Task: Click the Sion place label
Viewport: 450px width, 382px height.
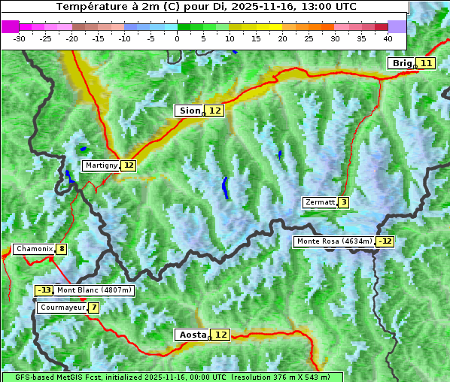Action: click(188, 111)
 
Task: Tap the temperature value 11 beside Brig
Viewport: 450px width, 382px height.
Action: click(426, 63)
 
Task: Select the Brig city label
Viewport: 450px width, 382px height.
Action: click(401, 63)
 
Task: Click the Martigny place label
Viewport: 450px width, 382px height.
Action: click(101, 165)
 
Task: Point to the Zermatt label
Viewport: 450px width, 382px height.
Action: click(320, 202)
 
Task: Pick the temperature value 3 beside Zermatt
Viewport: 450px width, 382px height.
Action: click(343, 202)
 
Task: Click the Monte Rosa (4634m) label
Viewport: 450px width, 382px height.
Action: click(334, 241)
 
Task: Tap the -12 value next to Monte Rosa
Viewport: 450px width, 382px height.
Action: click(386, 241)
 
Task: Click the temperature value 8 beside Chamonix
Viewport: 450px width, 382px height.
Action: click(61, 249)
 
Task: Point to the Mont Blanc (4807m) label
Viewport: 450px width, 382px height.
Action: click(94, 290)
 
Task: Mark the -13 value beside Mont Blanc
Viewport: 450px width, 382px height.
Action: click(44, 290)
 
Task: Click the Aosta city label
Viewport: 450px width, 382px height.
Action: click(191, 335)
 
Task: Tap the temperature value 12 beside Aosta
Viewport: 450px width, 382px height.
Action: click(220, 335)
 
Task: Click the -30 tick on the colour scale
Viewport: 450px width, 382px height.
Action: click(20, 38)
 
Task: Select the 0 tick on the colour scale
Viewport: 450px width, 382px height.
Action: click(178, 38)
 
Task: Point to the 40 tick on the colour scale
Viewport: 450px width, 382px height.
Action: click(388, 38)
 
